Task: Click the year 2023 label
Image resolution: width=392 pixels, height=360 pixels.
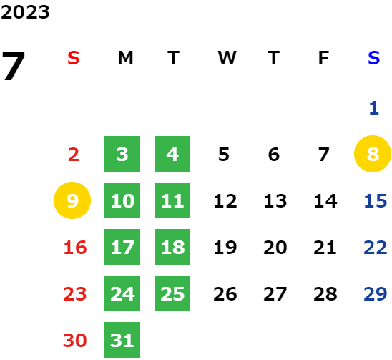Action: point(25,12)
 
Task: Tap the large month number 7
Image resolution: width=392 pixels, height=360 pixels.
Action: point(14,65)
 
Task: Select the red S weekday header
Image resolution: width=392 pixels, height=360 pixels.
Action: point(74,58)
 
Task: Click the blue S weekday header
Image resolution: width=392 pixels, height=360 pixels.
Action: point(373,58)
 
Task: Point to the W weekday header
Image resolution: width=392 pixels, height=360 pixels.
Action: point(227,58)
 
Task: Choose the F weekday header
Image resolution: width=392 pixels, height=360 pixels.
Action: point(323,58)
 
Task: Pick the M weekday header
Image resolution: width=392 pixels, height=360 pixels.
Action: point(125,58)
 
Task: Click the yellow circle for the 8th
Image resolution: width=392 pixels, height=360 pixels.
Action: point(373,154)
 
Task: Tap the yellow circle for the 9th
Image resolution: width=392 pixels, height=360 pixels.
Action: point(72,200)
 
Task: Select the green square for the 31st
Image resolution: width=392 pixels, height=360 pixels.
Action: point(122,340)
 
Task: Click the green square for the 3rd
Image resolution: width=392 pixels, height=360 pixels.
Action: point(122,154)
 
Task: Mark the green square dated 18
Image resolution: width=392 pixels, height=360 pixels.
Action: point(172,247)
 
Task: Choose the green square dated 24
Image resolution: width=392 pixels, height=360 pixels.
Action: point(122,293)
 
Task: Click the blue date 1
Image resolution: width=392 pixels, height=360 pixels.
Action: point(374,108)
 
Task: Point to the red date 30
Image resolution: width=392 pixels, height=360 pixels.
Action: point(75,340)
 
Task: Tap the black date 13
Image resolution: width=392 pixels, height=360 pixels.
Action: point(275,201)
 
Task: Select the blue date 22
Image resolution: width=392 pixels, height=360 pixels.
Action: point(376,248)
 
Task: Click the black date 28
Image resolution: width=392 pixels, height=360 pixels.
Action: point(325,294)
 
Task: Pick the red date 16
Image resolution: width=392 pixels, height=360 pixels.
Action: point(75,248)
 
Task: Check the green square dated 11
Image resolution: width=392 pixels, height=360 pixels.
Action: point(172,200)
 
